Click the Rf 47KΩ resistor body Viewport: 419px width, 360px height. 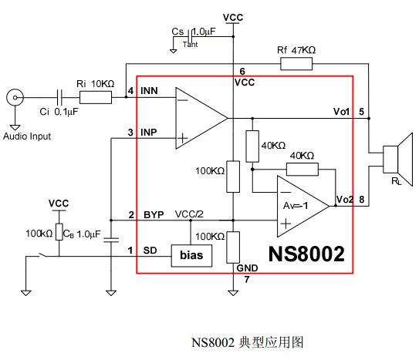[296, 64]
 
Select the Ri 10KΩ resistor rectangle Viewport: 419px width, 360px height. [96, 97]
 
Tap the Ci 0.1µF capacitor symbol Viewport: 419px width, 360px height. [59, 97]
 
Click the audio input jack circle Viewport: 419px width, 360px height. [15, 98]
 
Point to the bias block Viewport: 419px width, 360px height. [191, 256]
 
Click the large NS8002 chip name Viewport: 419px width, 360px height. [306, 254]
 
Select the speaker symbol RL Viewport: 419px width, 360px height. [398, 160]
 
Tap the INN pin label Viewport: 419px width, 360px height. [149, 91]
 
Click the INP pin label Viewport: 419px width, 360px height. [149, 133]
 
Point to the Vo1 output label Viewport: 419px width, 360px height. [342, 112]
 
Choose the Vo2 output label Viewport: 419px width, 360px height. [345, 200]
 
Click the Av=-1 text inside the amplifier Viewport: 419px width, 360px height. [296, 206]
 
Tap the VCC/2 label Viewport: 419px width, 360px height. [189, 214]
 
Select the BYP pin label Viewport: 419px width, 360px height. [154, 215]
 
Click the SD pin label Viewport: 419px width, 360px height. [150, 251]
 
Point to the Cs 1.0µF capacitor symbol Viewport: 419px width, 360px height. [191, 36]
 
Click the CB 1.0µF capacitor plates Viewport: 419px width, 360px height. [111, 240]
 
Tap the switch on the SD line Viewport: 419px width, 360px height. [42, 255]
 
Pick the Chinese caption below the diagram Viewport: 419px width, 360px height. [247, 342]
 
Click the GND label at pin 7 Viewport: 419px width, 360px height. [247, 268]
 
